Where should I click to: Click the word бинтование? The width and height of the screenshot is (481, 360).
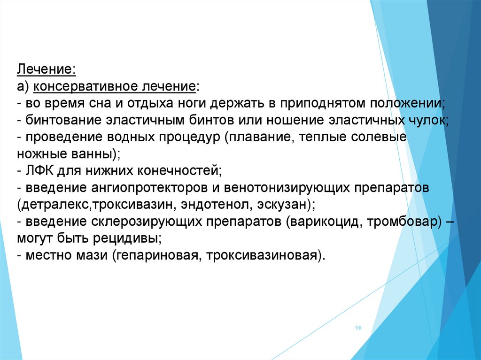click(x=63, y=120)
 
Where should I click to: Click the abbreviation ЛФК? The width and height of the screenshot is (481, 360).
click(x=40, y=170)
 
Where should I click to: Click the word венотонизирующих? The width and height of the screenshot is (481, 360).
click(x=287, y=188)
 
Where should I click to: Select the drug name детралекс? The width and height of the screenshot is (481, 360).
click(x=54, y=205)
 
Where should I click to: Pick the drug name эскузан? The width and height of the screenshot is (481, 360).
click(x=282, y=205)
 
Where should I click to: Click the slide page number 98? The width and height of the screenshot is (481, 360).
click(x=358, y=328)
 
